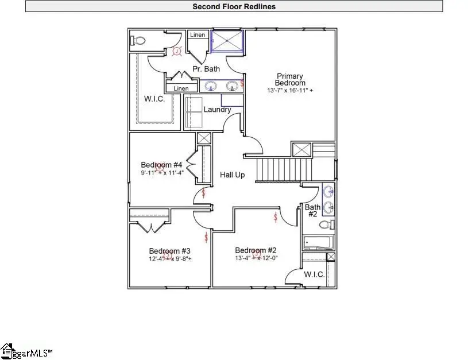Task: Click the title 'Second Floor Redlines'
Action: click(234, 6)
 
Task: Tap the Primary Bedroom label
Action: click(289, 79)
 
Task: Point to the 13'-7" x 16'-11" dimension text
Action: click(290, 91)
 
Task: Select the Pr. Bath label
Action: click(206, 69)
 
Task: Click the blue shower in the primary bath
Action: click(229, 41)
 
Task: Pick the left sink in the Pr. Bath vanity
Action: click(211, 87)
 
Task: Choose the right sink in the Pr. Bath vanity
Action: click(232, 87)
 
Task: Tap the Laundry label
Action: click(218, 110)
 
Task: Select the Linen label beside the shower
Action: click(198, 35)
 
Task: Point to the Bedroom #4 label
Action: click(161, 165)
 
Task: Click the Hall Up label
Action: click(233, 175)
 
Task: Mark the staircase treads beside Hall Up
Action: click(277, 170)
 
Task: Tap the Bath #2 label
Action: click(312, 210)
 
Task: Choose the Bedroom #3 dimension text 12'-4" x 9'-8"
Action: click(170, 259)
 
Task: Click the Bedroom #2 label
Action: click(256, 250)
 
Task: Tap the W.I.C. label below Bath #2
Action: click(314, 274)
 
